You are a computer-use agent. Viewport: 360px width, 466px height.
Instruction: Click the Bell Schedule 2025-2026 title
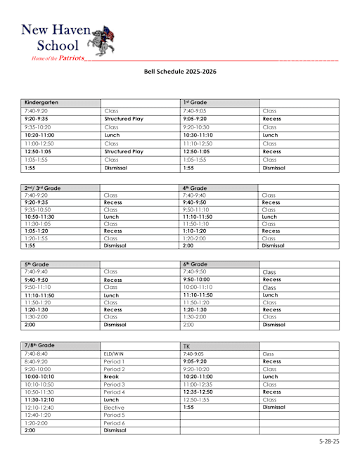pos(179,72)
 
